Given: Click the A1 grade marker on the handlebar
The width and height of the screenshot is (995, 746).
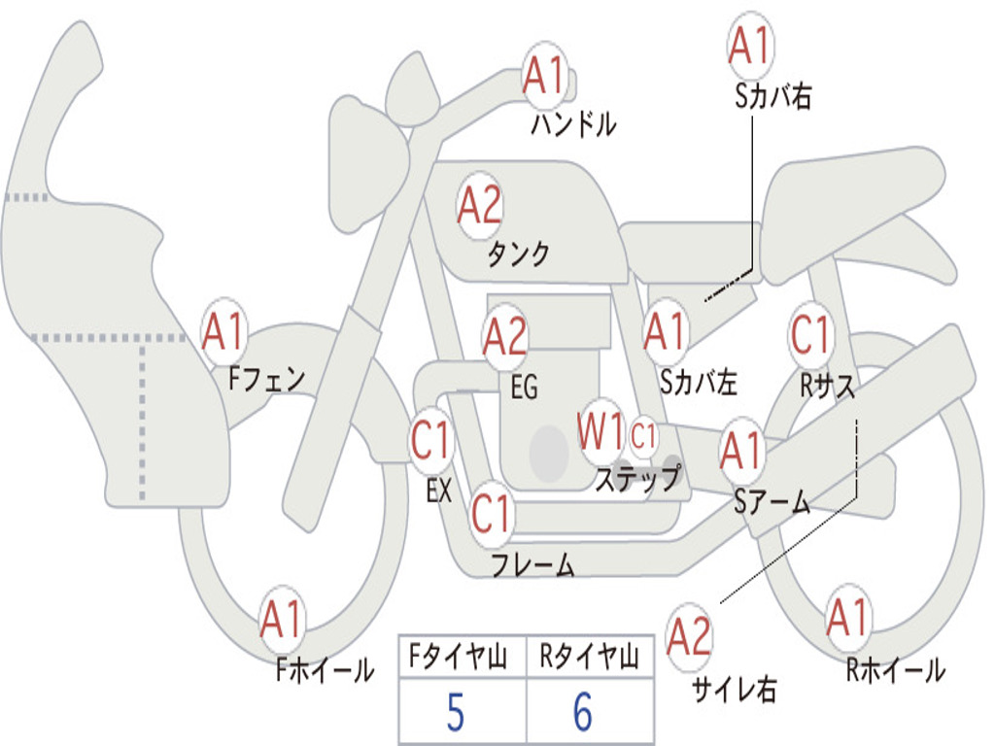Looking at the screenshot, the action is (x=544, y=76).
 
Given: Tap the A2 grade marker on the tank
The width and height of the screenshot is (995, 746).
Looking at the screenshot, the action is (x=480, y=206).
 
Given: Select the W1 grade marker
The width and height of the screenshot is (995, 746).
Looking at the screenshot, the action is (x=600, y=431).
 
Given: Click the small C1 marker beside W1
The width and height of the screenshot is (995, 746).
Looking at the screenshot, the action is (x=643, y=436).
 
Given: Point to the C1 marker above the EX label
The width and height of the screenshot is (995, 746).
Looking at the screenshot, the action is (x=431, y=440).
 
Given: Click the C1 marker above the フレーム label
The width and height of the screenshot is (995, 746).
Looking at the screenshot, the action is (x=492, y=513).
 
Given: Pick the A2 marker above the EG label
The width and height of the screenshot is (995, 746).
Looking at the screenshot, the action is (x=504, y=336).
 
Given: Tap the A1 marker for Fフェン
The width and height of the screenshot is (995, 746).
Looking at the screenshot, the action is (x=223, y=332).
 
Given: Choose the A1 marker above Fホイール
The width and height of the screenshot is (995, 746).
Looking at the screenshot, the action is (x=281, y=620).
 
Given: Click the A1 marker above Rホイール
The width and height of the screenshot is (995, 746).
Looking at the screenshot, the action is (x=847, y=619).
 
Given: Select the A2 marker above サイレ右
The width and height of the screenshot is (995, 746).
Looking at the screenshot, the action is (x=689, y=636).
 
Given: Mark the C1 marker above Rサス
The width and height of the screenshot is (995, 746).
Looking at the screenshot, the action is (x=811, y=334).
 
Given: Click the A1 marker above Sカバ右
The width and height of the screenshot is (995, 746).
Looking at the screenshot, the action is (x=751, y=46).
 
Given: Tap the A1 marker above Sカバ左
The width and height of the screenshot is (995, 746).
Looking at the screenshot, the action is (x=666, y=332).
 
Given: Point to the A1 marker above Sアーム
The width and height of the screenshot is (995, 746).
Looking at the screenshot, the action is (x=741, y=451).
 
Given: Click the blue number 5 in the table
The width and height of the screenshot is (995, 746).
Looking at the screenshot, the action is (x=456, y=712).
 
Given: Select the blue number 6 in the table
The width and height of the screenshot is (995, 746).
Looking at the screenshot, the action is (x=583, y=712).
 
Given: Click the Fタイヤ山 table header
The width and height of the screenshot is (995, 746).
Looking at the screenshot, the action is (x=459, y=657).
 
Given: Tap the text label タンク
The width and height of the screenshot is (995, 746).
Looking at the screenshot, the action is (x=518, y=254).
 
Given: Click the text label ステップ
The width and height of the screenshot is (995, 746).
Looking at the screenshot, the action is (x=637, y=478).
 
